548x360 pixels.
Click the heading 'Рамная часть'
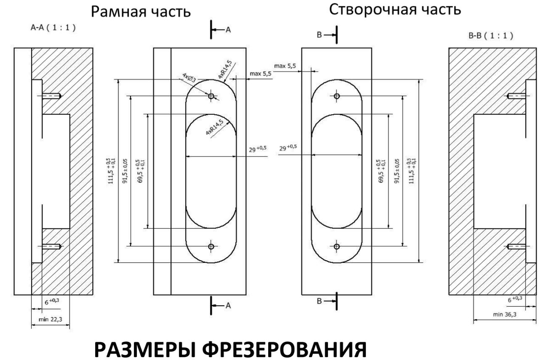(x=141, y=12)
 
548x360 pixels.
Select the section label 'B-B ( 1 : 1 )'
(x=491, y=36)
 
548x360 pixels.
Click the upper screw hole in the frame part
(x=211, y=96)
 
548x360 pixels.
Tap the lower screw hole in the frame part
(x=211, y=246)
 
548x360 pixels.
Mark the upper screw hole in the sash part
(x=336, y=96)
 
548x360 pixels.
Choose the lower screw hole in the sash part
(x=336, y=246)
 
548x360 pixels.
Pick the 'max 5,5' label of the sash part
(x=286, y=66)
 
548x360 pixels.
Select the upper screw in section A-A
(x=53, y=96)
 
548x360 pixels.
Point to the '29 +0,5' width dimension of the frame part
(x=257, y=149)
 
